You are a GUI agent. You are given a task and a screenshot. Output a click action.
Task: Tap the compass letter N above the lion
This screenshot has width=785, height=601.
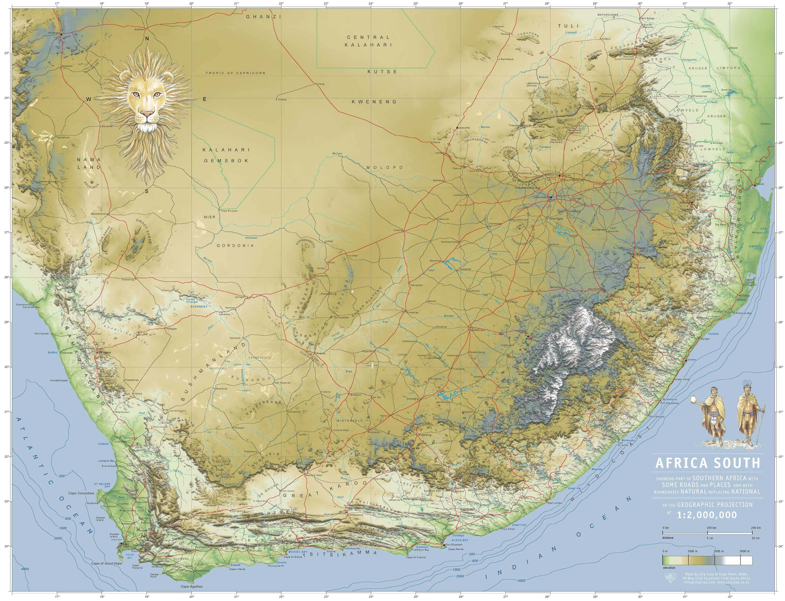tap(147, 38)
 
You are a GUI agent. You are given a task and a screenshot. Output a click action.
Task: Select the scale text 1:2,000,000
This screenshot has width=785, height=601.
tap(707, 515)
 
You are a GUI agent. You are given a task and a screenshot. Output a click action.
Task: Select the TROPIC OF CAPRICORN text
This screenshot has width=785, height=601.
tap(235, 73)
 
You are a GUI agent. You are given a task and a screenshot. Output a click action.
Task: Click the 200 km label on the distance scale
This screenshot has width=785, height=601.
tap(756, 528)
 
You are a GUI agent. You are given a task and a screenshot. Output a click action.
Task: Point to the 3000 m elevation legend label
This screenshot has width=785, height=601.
tap(745, 551)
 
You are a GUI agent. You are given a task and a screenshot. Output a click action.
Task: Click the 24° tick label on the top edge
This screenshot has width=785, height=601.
tap(371, 4)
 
